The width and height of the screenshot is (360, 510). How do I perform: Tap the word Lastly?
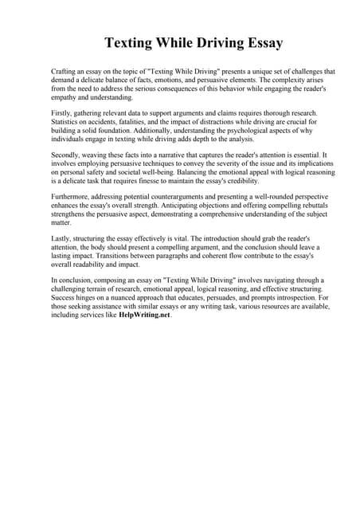click(61, 238)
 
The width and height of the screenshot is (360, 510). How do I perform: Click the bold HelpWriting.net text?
click(144, 315)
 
